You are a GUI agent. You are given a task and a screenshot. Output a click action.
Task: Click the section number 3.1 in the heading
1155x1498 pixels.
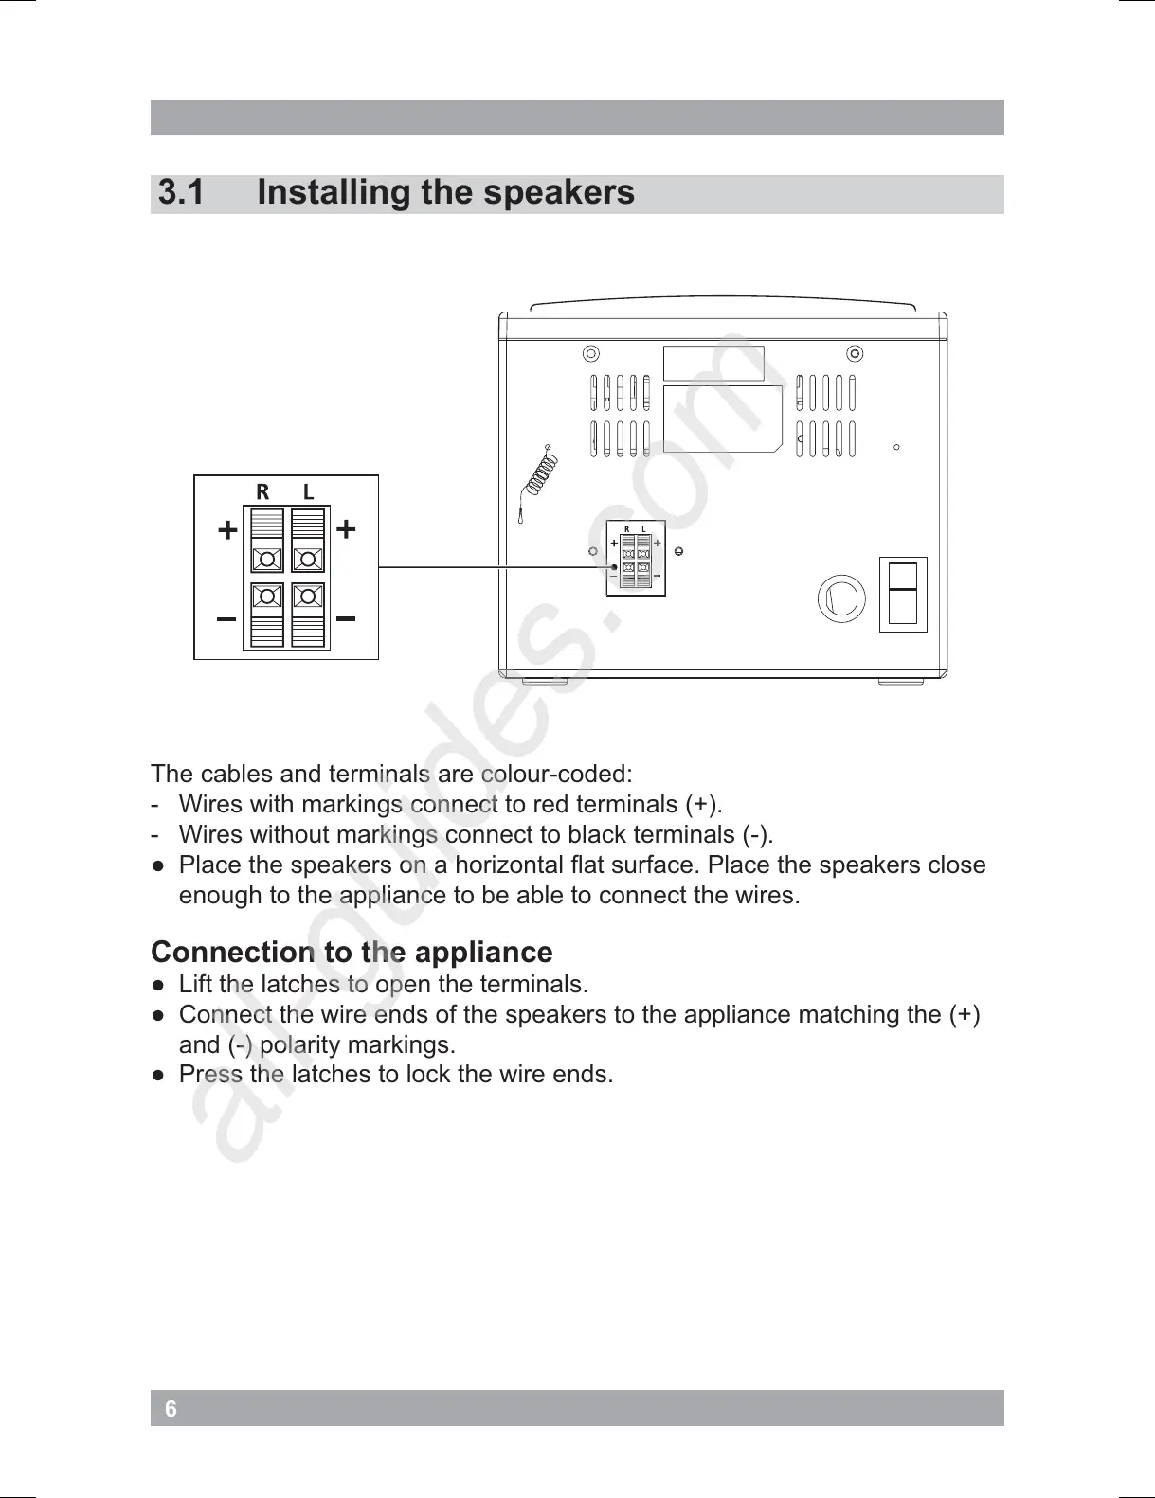(x=181, y=193)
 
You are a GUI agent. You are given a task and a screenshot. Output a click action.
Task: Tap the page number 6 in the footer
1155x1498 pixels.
(x=171, y=1409)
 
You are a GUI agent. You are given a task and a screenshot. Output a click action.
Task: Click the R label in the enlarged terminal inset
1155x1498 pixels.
(x=262, y=491)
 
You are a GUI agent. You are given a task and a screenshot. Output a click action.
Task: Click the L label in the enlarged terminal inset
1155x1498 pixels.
(x=308, y=491)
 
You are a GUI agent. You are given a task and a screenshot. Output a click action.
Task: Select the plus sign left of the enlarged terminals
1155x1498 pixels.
(x=226, y=530)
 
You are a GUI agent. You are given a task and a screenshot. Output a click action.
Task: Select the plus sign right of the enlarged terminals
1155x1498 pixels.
(x=347, y=528)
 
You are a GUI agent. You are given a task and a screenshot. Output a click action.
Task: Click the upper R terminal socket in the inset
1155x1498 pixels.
(x=267, y=559)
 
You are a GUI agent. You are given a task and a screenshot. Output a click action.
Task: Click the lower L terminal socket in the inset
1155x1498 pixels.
(x=308, y=597)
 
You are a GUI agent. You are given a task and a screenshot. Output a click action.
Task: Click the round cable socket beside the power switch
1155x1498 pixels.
(x=841, y=598)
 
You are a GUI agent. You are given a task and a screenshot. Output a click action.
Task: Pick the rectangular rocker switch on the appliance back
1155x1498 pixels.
(x=903, y=594)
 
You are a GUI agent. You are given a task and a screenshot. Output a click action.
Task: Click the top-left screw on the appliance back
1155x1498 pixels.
(x=590, y=354)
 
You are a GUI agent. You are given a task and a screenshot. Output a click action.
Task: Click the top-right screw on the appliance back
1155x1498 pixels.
(x=855, y=354)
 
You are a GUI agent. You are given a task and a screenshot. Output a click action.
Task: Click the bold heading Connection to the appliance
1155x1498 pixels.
(x=352, y=952)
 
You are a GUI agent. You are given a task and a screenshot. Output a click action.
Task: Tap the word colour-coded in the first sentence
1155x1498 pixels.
(x=556, y=775)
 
